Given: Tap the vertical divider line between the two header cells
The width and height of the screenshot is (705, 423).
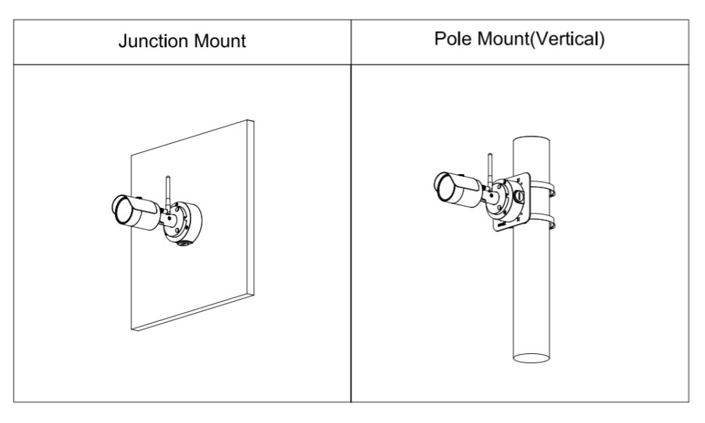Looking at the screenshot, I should coord(351,40).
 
